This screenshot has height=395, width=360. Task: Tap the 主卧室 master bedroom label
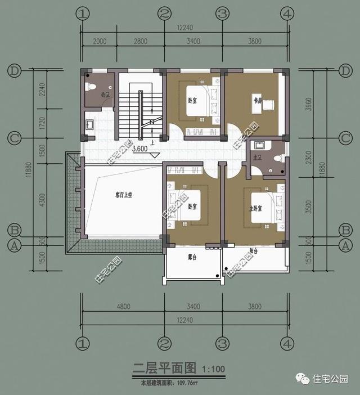256,208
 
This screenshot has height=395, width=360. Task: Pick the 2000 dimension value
100,42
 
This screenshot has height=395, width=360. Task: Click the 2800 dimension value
141,42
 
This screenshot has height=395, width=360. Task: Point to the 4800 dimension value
123,307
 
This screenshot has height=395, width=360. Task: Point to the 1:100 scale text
213,370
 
